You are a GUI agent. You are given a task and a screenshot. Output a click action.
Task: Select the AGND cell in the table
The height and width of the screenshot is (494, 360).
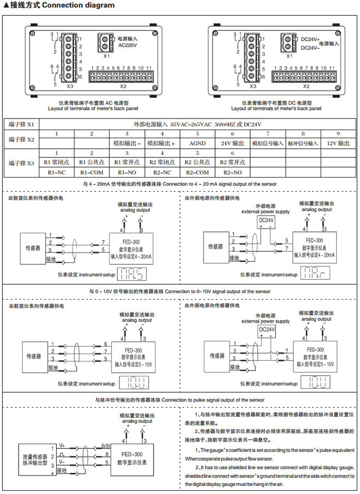[198, 143]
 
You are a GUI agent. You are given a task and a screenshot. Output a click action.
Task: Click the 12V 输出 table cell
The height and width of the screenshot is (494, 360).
[338, 143]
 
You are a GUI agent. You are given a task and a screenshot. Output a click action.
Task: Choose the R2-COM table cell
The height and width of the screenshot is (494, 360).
[198, 171]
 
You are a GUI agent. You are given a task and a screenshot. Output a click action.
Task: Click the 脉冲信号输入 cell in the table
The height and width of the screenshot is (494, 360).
[303, 143]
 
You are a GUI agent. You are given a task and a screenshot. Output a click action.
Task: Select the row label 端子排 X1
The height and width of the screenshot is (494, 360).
[21, 124]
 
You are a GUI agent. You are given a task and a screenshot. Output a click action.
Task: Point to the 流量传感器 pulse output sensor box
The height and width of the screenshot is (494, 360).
[35, 458]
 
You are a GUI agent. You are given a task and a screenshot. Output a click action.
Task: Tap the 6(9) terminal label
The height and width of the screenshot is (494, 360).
[106, 446]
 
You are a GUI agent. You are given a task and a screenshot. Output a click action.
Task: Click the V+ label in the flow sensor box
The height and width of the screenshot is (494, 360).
[62, 445]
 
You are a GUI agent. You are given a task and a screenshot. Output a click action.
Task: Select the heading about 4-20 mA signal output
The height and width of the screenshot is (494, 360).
[179, 184]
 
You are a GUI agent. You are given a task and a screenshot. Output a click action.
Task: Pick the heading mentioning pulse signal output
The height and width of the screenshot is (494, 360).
[179, 400]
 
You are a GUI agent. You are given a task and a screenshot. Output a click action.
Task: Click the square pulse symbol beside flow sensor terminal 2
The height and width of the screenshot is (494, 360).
[62, 453]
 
